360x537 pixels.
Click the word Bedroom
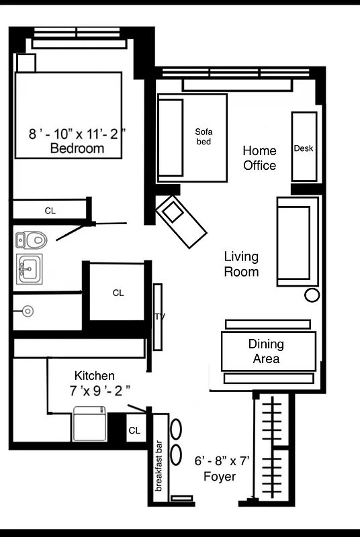click(x=77, y=148)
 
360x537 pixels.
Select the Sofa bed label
click(x=204, y=136)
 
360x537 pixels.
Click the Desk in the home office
click(x=304, y=147)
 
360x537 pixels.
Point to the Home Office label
click(x=259, y=158)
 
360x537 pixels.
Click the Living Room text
click(x=241, y=264)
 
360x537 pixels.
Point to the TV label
click(x=160, y=316)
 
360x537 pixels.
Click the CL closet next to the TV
click(x=118, y=293)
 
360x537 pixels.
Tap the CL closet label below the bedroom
click(x=50, y=210)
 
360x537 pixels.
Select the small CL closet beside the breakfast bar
click(x=134, y=430)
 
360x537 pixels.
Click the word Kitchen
click(x=94, y=376)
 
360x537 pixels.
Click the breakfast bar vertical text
click(x=160, y=465)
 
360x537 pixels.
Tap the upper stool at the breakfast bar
click(x=176, y=429)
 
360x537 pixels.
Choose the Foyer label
click(x=220, y=477)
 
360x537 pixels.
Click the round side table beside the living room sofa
click(x=312, y=295)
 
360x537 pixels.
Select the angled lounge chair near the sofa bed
click(x=179, y=221)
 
